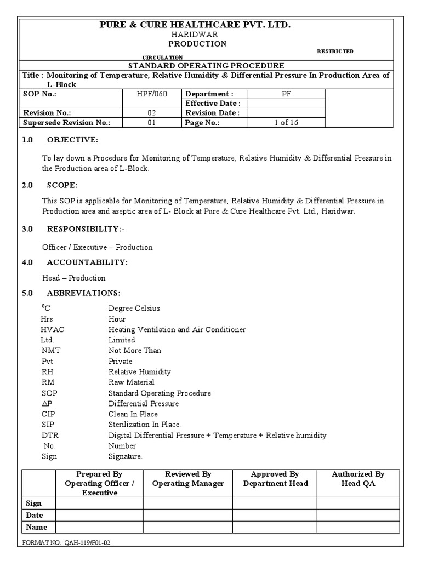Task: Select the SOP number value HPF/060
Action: pos(152,94)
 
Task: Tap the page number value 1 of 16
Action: pos(286,123)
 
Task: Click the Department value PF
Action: pos(286,94)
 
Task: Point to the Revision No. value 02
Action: pos(152,113)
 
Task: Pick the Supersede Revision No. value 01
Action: pos(152,123)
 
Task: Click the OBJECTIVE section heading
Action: pos(72,140)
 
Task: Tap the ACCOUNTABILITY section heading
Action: pos(87,262)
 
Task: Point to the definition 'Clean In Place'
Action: pos(133,414)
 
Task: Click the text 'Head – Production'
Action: pos(74,278)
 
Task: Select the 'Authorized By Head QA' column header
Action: pos(358,478)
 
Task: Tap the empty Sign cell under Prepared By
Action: pos(100,503)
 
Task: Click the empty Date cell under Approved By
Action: pos(274,516)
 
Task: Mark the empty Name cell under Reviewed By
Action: pos(188,528)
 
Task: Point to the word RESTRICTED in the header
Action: pos(335,51)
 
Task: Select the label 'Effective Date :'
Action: pos(213,104)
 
